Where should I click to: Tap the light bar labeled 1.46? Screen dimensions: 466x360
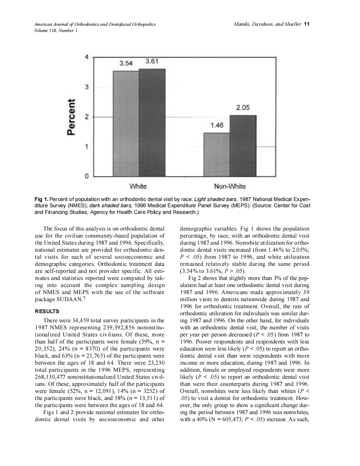pos(217,155)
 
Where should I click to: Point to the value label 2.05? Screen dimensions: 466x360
pos(243,108)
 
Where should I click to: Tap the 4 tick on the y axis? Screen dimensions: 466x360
pos(86,57)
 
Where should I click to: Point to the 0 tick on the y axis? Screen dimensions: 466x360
pos(86,177)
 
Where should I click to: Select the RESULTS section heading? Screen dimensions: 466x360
pos(47,311)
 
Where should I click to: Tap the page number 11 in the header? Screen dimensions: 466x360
pos(307,24)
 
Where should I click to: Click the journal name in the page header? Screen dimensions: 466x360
pos(95,25)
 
